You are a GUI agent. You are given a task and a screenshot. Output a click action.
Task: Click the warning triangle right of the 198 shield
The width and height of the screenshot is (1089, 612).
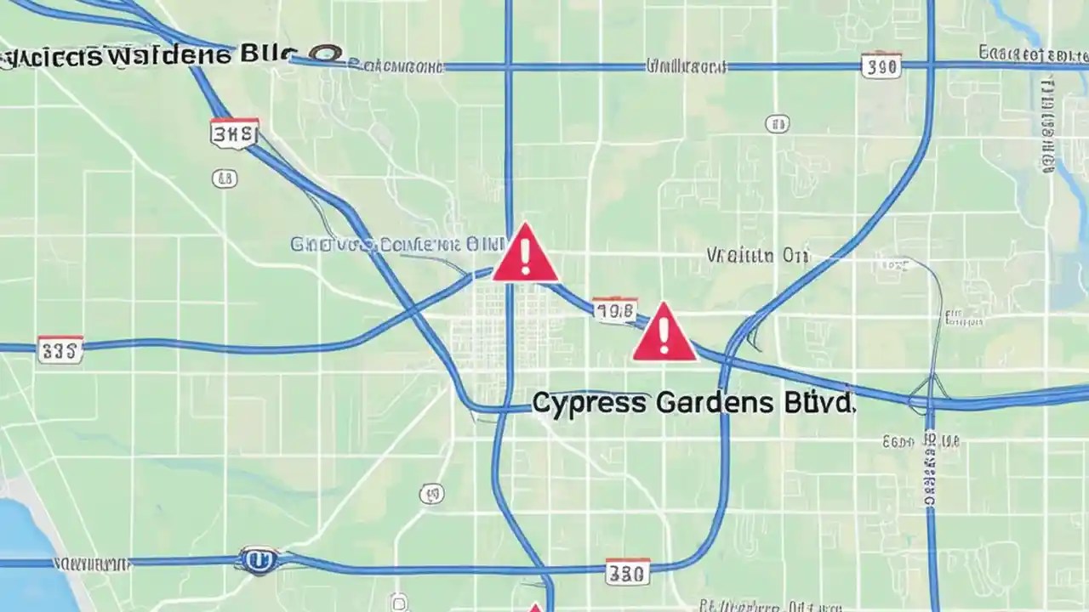click(x=664, y=333)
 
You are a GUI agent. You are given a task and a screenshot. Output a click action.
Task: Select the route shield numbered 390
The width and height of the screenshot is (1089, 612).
click(x=881, y=65)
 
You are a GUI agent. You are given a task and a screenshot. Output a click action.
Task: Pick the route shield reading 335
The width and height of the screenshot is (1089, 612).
click(x=60, y=349)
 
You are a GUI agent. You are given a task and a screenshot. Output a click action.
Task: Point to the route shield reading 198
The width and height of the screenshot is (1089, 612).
click(x=614, y=311)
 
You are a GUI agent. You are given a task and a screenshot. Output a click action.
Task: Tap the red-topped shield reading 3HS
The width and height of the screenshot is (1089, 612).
click(x=234, y=133)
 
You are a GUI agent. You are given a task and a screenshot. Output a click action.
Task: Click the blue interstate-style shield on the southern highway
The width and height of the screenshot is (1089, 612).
click(x=258, y=560)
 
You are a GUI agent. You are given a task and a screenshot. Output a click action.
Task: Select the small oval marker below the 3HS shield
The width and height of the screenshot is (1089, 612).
click(x=225, y=178)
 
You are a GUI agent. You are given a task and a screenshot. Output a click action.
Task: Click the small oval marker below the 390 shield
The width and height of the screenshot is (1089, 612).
click(x=777, y=124)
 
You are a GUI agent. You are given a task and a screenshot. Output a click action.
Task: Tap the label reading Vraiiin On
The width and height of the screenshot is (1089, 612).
click(x=757, y=255)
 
